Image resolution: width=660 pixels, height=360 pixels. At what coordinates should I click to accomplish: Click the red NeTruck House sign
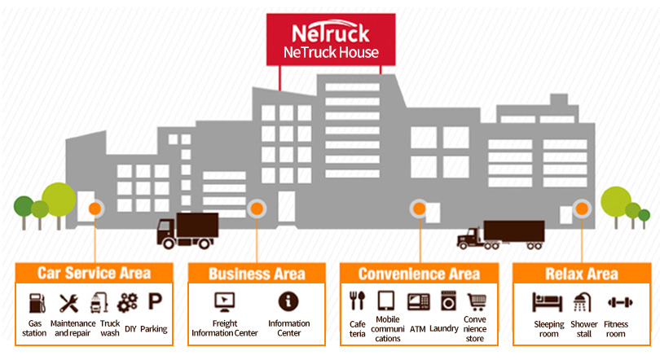coord(331,41)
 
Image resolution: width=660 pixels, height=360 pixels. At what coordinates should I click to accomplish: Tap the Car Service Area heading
coord(94,273)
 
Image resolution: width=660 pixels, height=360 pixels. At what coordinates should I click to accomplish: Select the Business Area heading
coord(257,274)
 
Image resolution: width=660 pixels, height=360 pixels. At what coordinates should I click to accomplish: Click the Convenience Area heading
coord(419,274)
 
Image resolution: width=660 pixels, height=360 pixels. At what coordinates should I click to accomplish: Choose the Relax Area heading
coord(582,274)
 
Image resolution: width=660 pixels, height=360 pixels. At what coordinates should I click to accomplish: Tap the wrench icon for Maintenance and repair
coord(69,303)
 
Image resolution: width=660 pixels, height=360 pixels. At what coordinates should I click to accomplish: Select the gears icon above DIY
coord(127,303)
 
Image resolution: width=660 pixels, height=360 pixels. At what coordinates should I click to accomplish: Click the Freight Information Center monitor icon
coord(224,301)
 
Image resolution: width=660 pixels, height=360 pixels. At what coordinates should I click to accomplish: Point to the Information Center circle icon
coord(288,301)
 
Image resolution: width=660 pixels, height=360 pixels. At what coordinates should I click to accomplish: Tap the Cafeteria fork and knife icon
coord(357,301)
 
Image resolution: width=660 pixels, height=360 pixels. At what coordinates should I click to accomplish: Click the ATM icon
coord(418,301)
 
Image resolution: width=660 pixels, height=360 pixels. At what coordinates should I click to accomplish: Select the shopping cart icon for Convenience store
coord(476,301)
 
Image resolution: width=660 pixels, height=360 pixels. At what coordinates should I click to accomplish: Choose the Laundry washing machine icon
coord(447,301)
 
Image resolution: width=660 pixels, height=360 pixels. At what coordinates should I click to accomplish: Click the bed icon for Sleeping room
coord(548,302)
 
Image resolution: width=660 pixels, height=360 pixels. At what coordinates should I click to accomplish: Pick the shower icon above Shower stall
coord(583,302)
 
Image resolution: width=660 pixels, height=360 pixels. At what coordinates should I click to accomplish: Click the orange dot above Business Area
coord(257,209)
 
